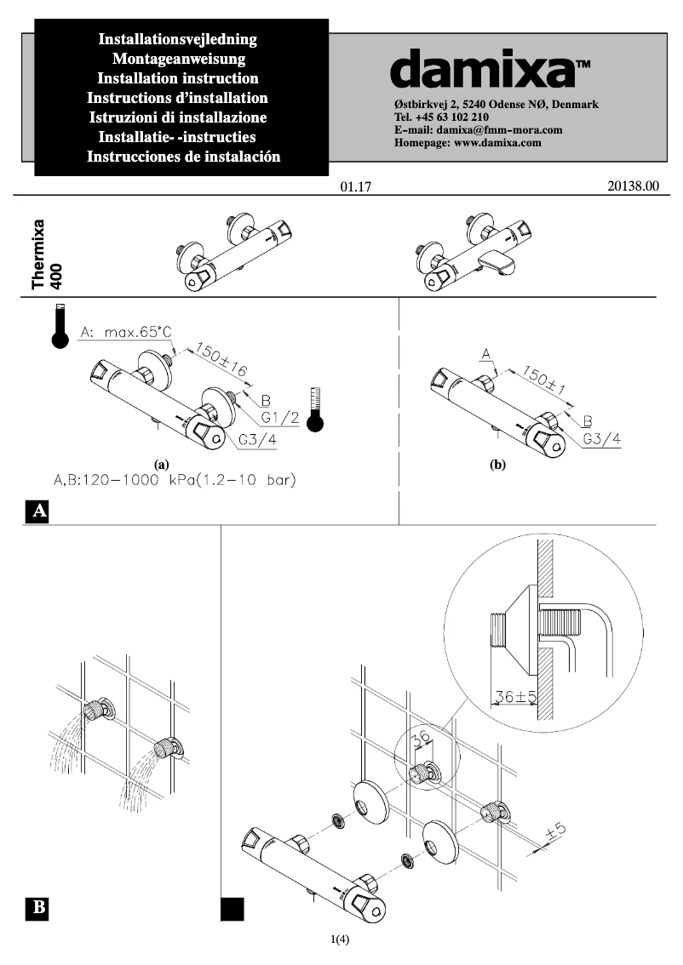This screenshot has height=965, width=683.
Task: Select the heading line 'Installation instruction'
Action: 179,78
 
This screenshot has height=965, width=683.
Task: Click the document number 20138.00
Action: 634,187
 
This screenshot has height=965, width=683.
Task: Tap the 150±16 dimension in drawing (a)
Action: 221,359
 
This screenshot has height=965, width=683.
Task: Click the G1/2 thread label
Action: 278,418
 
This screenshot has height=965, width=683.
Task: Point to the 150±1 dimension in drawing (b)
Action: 546,377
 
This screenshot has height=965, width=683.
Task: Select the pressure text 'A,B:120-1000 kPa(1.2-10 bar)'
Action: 175,481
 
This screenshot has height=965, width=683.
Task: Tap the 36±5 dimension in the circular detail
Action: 515,697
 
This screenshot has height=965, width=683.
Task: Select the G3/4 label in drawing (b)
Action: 602,440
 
